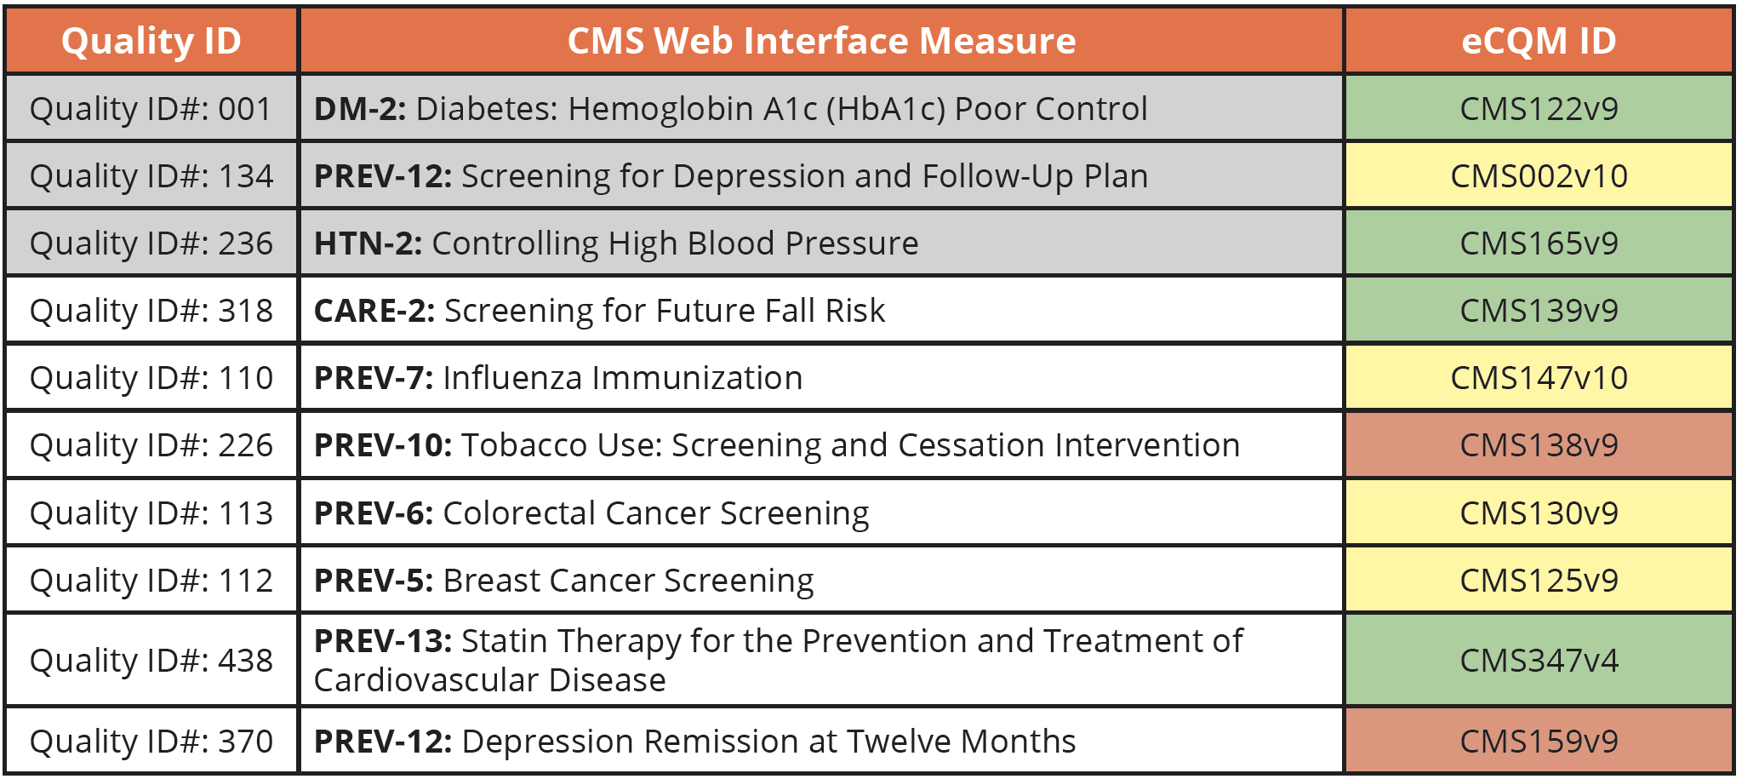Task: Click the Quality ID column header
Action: (151, 41)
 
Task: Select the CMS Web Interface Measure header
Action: (821, 41)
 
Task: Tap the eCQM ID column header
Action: (1539, 41)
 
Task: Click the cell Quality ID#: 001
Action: (151, 109)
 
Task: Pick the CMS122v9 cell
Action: (1539, 109)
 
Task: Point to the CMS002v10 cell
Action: (1539, 176)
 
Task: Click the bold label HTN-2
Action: (368, 243)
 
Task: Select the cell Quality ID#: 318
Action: (151, 311)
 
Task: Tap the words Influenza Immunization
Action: (622, 378)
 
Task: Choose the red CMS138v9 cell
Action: (1539, 445)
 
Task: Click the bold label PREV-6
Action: (374, 513)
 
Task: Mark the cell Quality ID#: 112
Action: (151, 581)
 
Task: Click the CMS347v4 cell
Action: (1539, 661)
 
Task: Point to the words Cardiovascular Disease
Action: (489, 680)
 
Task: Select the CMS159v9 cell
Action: (1539, 742)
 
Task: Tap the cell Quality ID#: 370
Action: (151, 742)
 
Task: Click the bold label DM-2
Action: (360, 109)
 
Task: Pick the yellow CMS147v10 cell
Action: (1539, 378)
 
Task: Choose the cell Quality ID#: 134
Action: (151, 176)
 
